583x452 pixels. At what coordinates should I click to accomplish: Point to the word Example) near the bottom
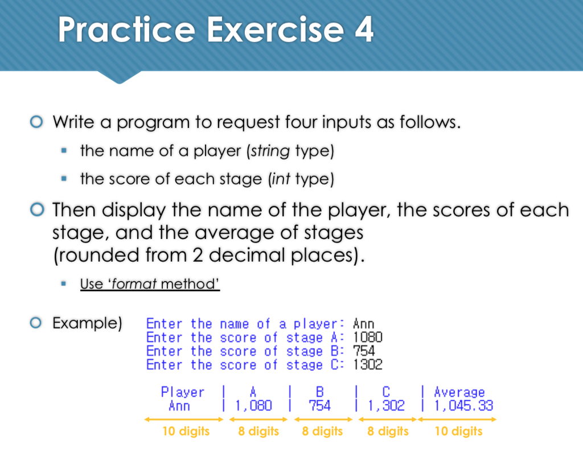[x=87, y=323]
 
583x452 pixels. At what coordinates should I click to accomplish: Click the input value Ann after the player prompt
[x=363, y=324]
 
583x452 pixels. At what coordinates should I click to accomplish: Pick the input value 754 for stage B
[x=364, y=351]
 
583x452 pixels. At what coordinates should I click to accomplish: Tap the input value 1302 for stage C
[x=368, y=365]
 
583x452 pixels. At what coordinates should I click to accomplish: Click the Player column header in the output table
[x=182, y=392]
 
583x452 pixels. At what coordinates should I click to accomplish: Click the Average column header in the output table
[x=459, y=392]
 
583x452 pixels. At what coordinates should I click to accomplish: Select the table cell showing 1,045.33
[x=463, y=405]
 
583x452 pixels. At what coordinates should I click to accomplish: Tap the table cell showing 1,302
[x=387, y=405]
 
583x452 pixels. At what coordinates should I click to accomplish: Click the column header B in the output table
[x=320, y=392]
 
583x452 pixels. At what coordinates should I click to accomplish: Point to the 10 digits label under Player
[x=186, y=431]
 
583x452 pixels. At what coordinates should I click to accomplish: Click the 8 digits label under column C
[x=388, y=431]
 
